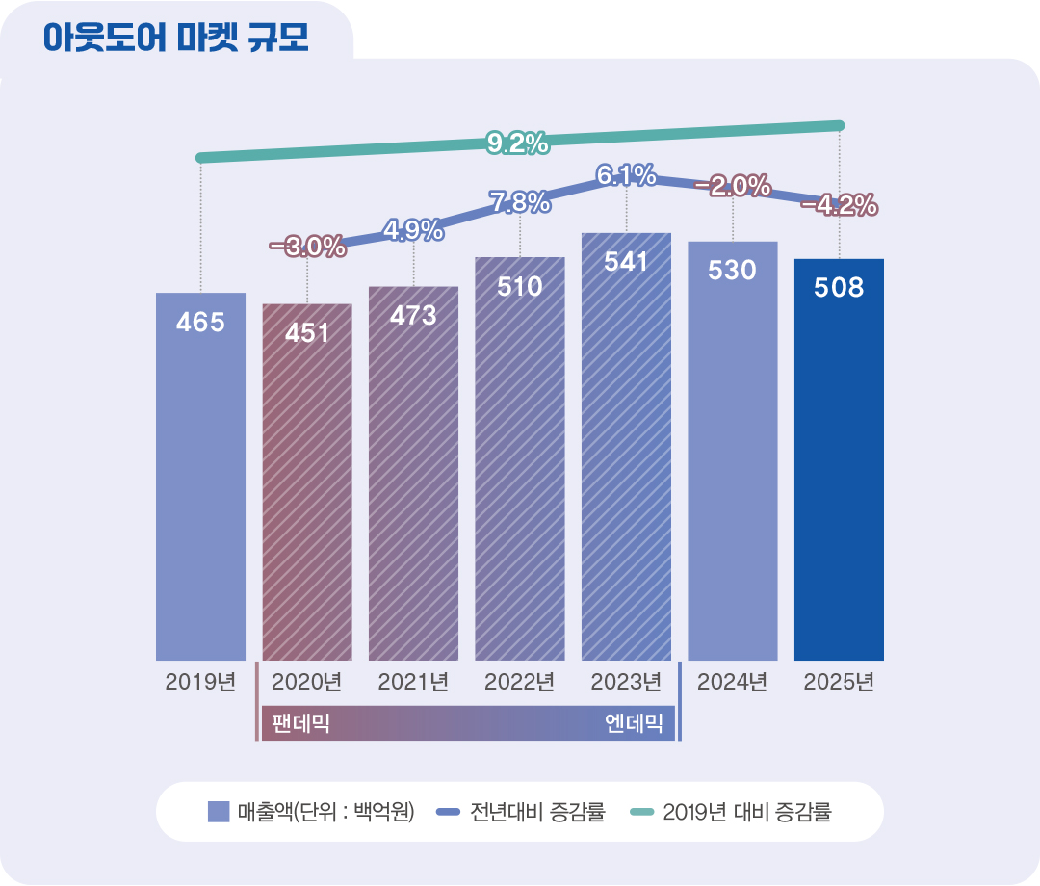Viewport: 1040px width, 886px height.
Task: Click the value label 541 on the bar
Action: pyautogui.click(x=626, y=262)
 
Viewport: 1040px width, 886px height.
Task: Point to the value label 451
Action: pyautogui.click(x=307, y=332)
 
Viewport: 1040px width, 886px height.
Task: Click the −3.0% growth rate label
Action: pyautogui.click(x=307, y=247)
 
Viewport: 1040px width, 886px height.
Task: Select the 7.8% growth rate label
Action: pyautogui.click(x=520, y=202)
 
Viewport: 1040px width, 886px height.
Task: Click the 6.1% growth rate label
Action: pyautogui.click(x=626, y=175)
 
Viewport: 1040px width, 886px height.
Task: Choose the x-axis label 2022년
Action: pyautogui.click(x=520, y=683)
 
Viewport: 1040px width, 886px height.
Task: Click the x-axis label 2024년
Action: pyautogui.click(x=733, y=683)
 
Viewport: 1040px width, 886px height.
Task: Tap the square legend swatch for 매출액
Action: pyautogui.click(x=219, y=812)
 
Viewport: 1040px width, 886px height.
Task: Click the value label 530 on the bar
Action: pyautogui.click(x=732, y=271)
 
